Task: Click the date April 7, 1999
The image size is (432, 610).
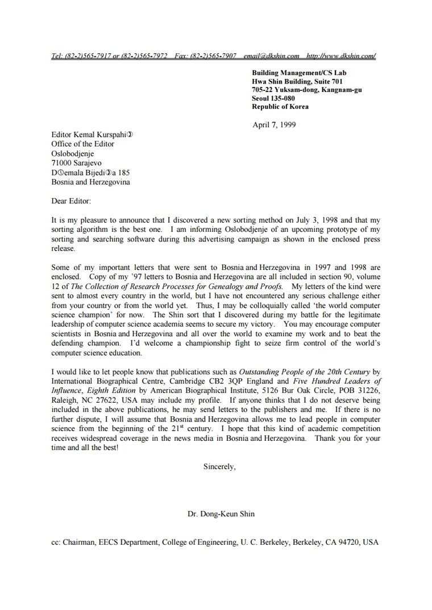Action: pos(274,125)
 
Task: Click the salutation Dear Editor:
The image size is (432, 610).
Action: pos(71,201)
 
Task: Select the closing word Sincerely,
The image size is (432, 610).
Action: pos(219,466)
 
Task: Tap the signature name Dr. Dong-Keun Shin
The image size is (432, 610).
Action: pos(221,514)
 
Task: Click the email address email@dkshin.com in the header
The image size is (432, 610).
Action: pos(271,56)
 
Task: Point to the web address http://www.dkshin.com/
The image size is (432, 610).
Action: pos(340,56)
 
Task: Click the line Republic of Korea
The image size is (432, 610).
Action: pos(280,107)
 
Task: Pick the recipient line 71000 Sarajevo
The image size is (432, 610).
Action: pos(77,163)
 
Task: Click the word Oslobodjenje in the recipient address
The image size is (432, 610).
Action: pos(73,153)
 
